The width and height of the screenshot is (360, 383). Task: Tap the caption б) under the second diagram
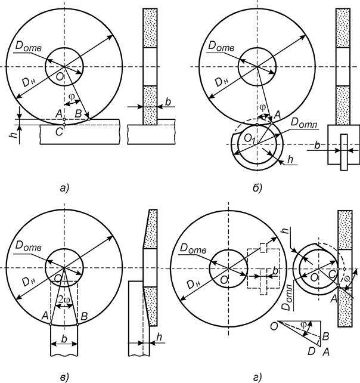coord(257,188)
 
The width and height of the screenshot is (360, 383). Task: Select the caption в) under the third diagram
coord(64,377)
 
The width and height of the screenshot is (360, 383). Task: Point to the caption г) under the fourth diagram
coord(257,378)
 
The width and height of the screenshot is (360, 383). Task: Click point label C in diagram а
coord(60,132)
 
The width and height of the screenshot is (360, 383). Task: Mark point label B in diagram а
coord(78,113)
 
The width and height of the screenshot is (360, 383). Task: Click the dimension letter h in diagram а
coord(15,134)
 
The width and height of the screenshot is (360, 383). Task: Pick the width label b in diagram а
coord(168,101)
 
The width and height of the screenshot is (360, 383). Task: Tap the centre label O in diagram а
coord(60,77)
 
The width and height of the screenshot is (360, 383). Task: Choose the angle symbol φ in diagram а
coord(72,96)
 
